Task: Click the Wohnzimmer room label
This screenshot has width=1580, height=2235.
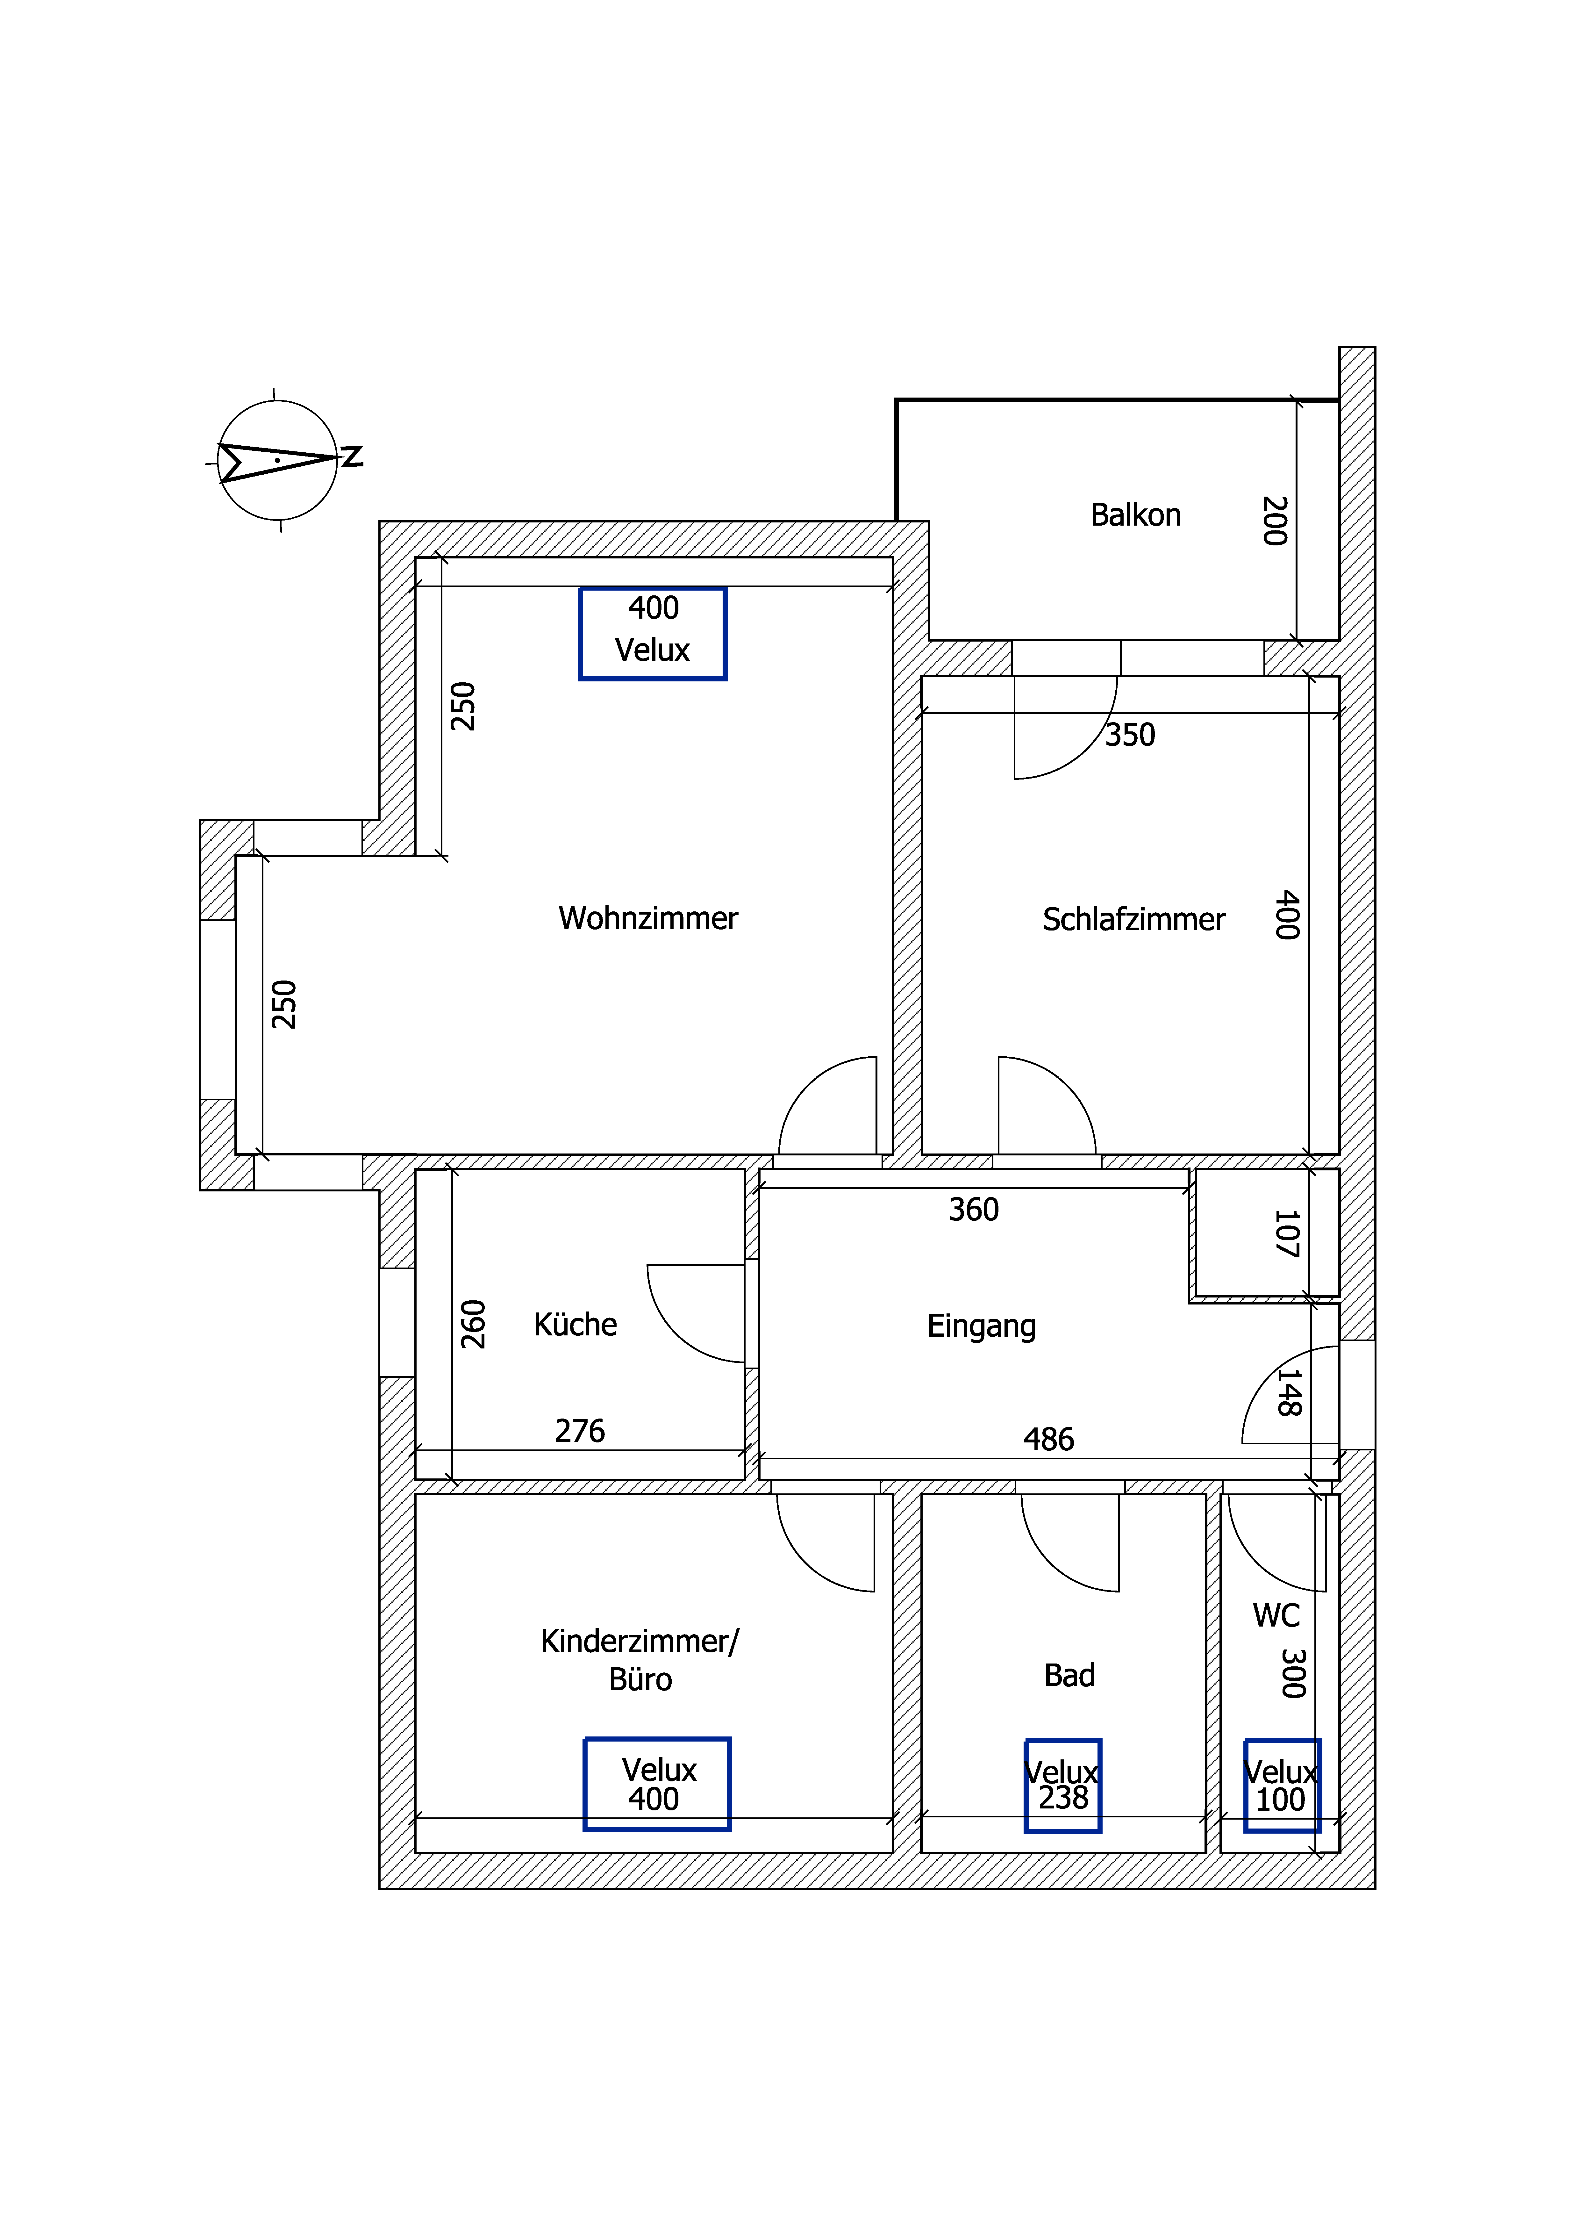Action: (x=648, y=918)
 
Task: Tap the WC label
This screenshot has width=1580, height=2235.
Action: (x=1276, y=1616)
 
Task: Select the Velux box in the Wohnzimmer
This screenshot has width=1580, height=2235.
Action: (x=653, y=634)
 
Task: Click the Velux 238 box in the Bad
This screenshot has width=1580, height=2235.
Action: (x=1063, y=1786)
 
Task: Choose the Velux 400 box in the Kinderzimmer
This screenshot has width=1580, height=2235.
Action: (x=657, y=1784)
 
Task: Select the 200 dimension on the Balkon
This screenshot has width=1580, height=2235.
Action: (x=1274, y=521)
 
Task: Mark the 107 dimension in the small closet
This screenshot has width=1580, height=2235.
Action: (x=1287, y=1233)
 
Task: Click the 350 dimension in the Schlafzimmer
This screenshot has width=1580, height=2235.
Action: (x=1130, y=735)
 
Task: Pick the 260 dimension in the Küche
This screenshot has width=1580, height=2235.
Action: (x=473, y=1324)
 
